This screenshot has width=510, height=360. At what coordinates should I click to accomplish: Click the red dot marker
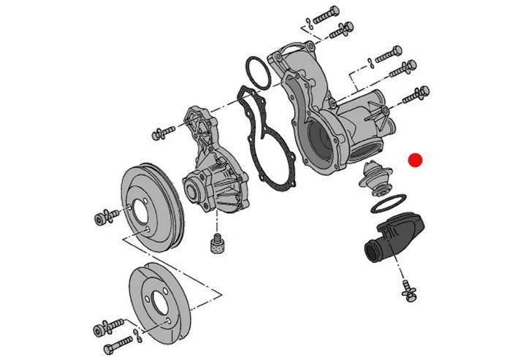pos(416,160)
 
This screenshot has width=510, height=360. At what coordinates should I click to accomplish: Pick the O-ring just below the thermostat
pos(389,201)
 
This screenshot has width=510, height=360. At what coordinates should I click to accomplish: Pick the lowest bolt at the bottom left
pos(118,343)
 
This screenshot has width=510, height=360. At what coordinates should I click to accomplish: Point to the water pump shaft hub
pos(194,191)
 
